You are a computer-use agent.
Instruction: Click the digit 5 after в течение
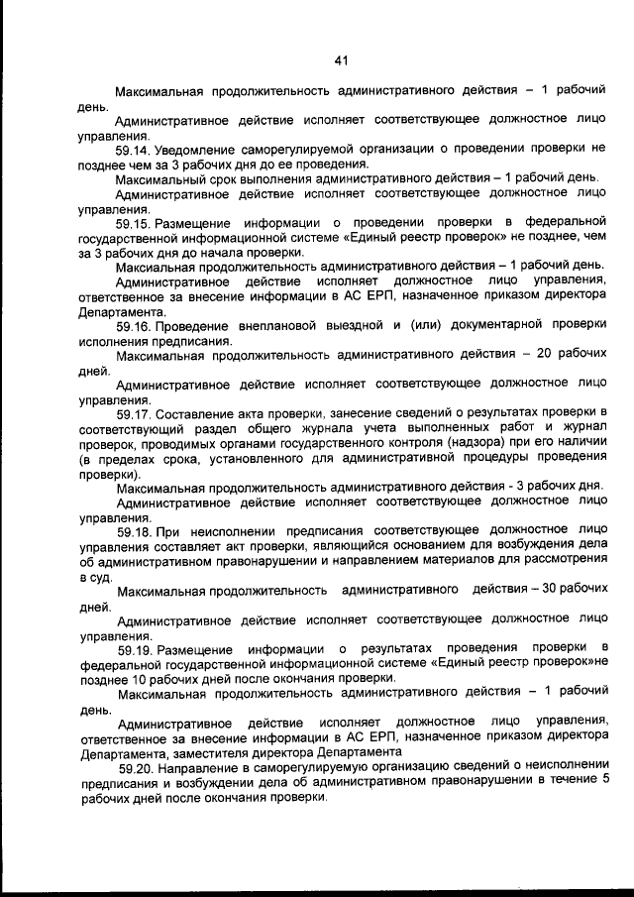(604, 781)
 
